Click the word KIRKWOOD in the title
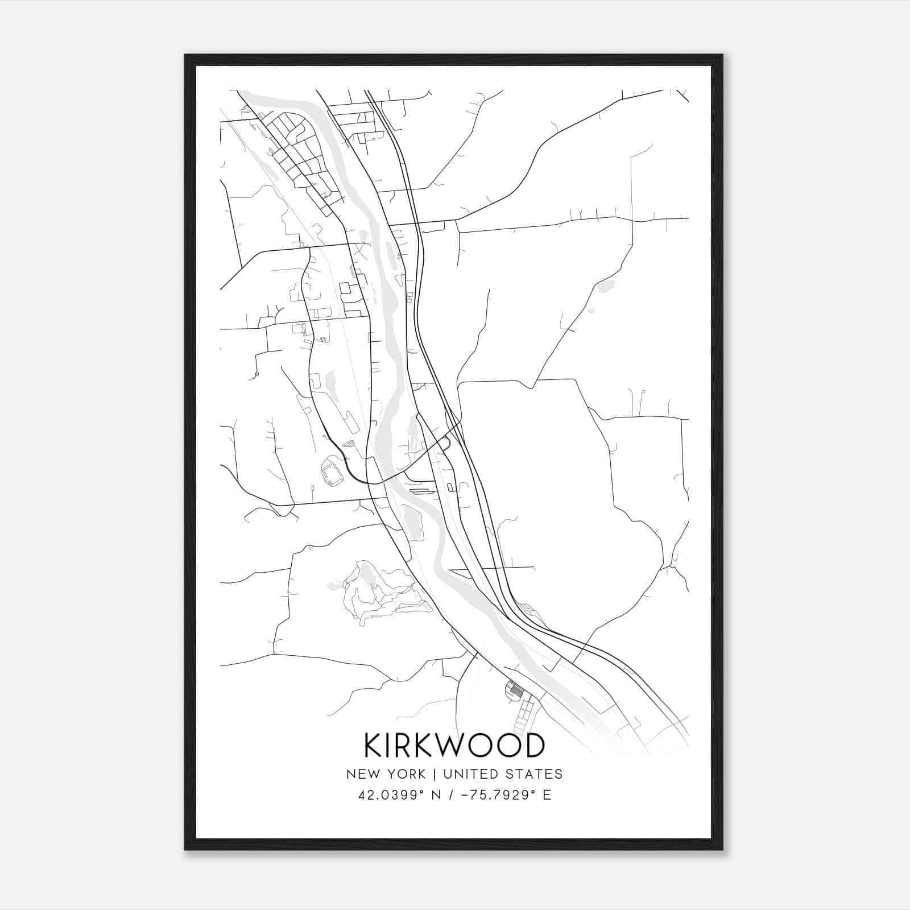coord(454,746)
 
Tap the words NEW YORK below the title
coord(386,774)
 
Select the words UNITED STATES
coord(503,774)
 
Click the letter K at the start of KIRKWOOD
coord(373,746)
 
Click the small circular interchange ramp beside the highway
coord(444,442)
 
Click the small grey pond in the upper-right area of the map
coord(606,286)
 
